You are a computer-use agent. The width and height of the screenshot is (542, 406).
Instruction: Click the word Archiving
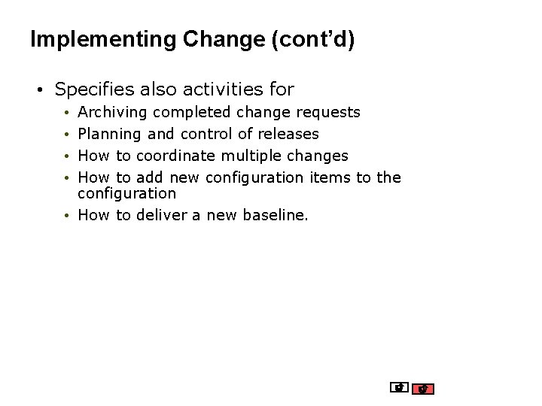[x=113, y=113]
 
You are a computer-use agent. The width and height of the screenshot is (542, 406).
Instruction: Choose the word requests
[x=328, y=113]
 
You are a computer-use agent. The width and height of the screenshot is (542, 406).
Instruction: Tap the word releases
[x=288, y=135]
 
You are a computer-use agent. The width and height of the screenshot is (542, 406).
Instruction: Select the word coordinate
[x=175, y=156]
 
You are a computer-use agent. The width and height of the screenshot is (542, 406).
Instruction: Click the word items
[x=331, y=178]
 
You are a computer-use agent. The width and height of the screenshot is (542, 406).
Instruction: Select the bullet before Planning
[x=68, y=135]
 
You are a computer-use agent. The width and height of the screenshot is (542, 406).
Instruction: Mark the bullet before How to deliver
[x=68, y=217]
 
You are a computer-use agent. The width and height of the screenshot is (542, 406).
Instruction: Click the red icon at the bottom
[x=424, y=389]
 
